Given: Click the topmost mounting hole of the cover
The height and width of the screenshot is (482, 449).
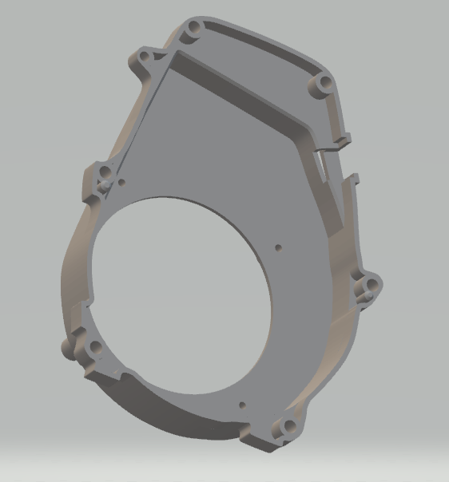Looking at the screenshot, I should pyautogui.click(x=191, y=31).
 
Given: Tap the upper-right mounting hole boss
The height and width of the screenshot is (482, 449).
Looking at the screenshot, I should pyautogui.click(x=324, y=83).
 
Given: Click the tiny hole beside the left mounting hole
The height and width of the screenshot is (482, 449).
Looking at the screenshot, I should pyautogui.click(x=121, y=182).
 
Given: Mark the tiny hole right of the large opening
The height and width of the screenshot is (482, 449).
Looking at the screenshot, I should pyautogui.click(x=277, y=247).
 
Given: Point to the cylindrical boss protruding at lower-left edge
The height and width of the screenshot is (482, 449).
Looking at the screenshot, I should pyautogui.click(x=67, y=348).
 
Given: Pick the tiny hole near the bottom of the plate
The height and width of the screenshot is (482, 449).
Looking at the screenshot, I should pyautogui.click(x=241, y=405).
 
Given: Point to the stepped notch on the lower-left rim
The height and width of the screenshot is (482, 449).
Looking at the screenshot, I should pyautogui.click(x=120, y=376).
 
